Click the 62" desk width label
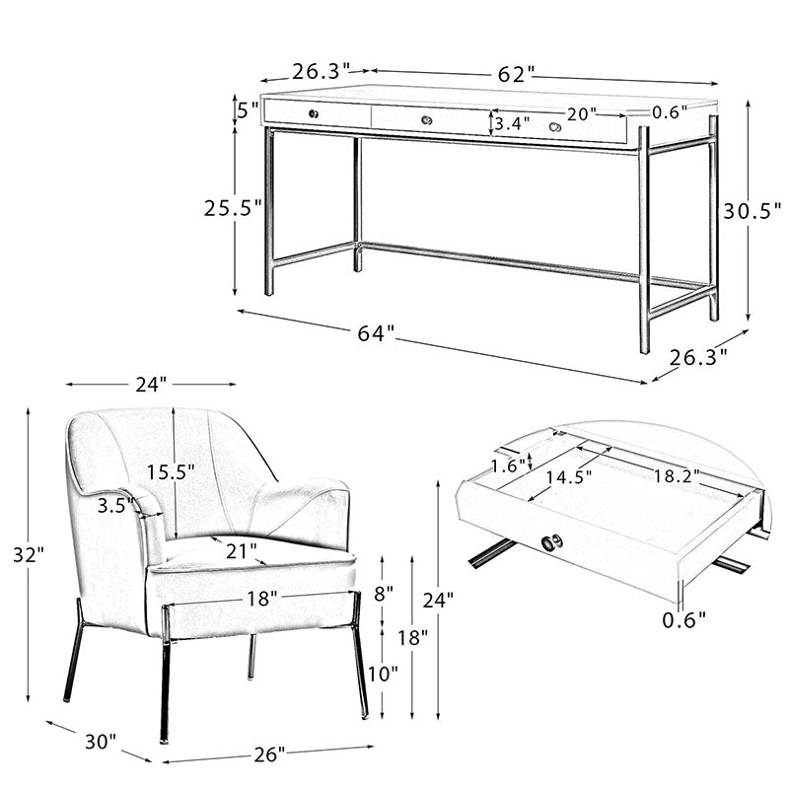pos(515,75)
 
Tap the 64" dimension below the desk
pos(376,333)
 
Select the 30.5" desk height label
pos(753,211)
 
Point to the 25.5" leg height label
pos(233,208)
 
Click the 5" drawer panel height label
pos(248,110)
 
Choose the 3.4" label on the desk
pos(512,122)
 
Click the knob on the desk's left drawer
pos(314,113)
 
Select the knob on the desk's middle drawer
pos(427,120)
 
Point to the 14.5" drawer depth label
pos(569,476)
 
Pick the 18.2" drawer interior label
pos(677,476)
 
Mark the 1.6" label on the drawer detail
pos(508,466)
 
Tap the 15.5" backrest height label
pos(171,472)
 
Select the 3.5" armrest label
pos(115,505)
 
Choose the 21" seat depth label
pos(241,551)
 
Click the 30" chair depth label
pos(101,742)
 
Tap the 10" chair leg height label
pos(383,674)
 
